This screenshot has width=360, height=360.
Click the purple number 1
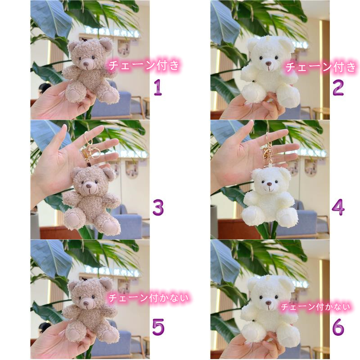[x=158, y=87]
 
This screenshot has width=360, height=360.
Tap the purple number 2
[x=338, y=87]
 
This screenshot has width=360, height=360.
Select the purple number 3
[x=158, y=207]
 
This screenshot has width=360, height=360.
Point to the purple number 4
[x=338, y=207]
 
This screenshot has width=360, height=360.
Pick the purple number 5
[x=158, y=327]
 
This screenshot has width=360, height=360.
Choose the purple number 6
[x=338, y=327]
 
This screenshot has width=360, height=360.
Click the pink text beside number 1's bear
[x=144, y=65]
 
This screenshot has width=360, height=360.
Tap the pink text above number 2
[x=320, y=67]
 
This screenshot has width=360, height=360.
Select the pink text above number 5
[x=148, y=298]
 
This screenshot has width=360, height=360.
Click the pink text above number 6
[x=316, y=307]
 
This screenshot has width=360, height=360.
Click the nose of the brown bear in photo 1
[x=86, y=63]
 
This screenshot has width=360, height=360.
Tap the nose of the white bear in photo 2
[x=268, y=63]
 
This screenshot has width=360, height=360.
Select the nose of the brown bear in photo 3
[x=89, y=184]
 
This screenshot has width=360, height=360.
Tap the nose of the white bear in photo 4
[x=270, y=184]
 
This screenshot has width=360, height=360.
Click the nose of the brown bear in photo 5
[x=86, y=303]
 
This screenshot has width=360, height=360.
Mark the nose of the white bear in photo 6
[x=268, y=303]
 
